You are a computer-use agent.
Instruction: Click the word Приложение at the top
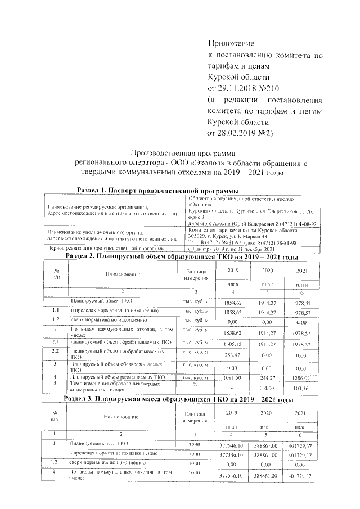[x=231, y=43]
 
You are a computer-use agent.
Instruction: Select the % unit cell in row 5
[x=195, y=384]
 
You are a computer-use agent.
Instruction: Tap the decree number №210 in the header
[x=267, y=88]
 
